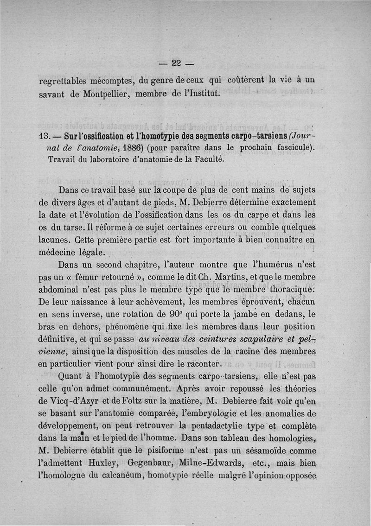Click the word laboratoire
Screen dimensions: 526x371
coord(104,160)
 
